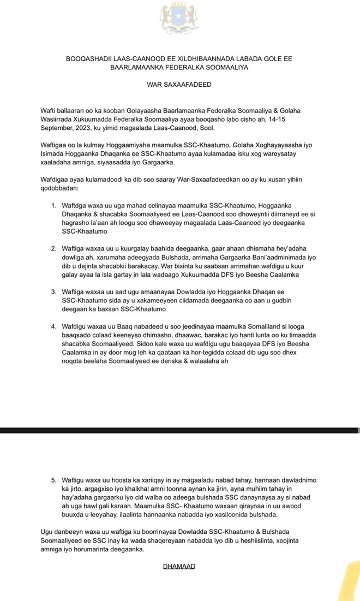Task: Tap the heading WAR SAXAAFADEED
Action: (x=179, y=85)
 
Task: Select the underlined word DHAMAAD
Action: (x=179, y=566)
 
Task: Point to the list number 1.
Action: (x=54, y=206)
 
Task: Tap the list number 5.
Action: (x=54, y=480)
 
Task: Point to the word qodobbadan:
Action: (x=59, y=188)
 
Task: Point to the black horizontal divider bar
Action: (x=180, y=430)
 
